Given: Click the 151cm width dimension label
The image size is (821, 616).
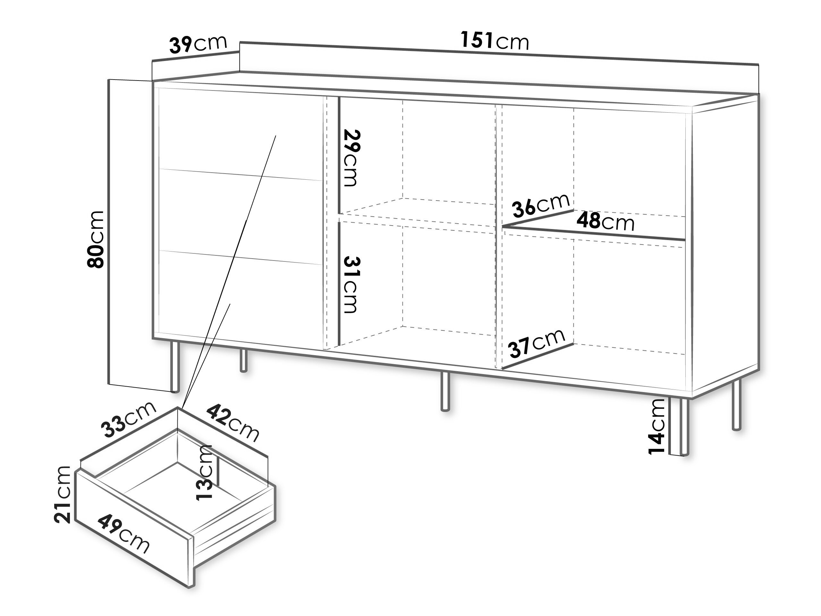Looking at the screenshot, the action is tap(495, 40).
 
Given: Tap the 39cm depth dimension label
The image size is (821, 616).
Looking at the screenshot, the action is tap(198, 44).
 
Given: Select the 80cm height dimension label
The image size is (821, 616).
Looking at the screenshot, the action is tap(95, 239).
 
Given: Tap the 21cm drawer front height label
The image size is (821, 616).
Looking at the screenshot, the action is tap(62, 495).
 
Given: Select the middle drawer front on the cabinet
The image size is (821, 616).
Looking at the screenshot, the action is tap(241, 217).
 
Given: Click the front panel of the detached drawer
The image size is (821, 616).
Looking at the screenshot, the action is tap(135, 529).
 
